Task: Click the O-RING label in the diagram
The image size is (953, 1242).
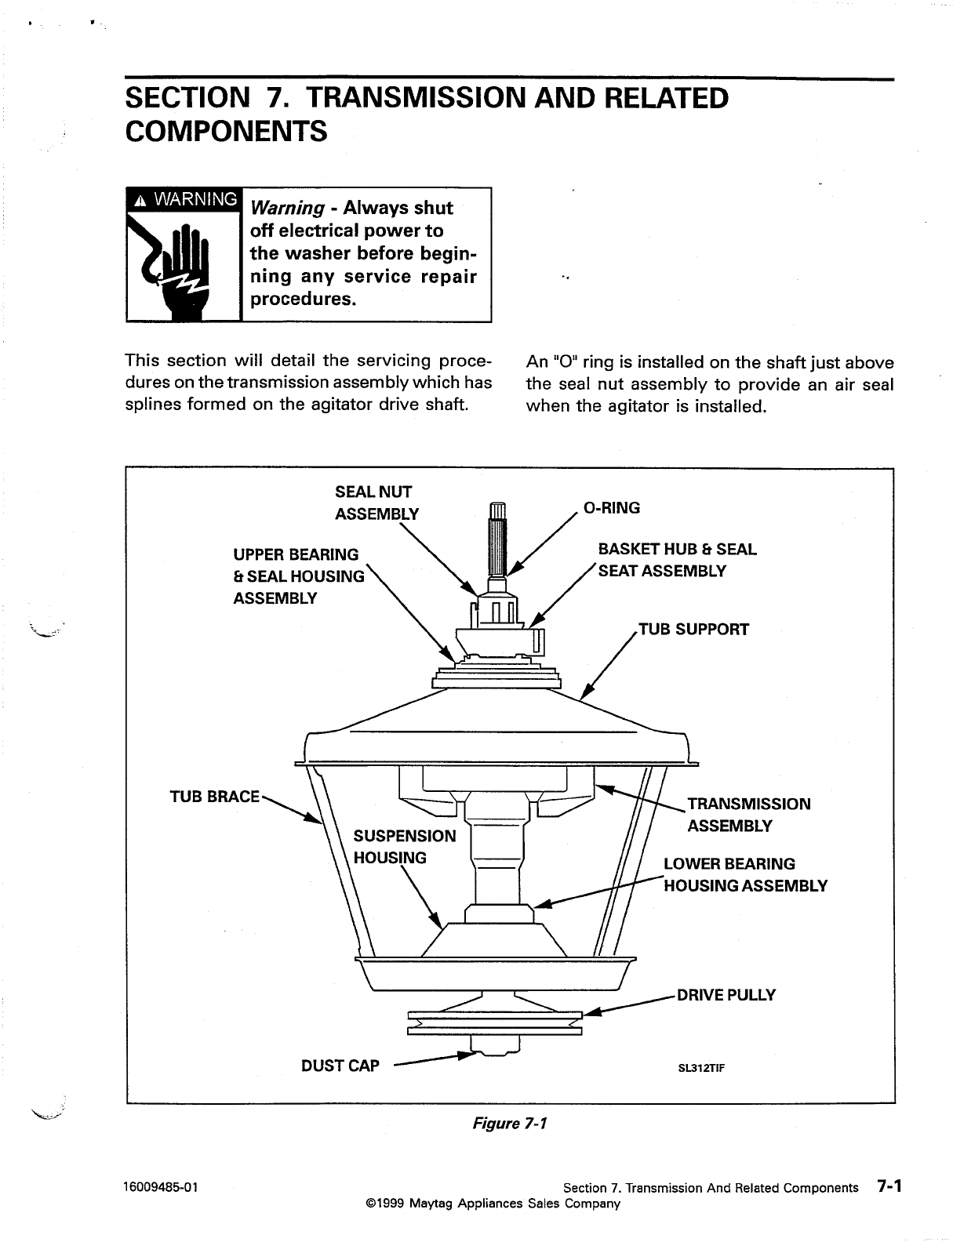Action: click(x=613, y=508)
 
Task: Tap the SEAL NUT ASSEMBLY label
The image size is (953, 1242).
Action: click(x=376, y=503)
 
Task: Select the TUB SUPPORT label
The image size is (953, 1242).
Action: click(x=694, y=629)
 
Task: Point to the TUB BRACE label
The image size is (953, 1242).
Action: click(x=214, y=797)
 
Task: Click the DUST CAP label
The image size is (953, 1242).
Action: click(x=340, y=1066)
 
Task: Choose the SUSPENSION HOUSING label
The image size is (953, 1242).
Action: click(x=404, y=846)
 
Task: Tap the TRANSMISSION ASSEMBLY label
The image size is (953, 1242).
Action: click(x=748, y=815)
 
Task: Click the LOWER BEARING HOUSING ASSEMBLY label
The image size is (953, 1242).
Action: click(x=744, y=874)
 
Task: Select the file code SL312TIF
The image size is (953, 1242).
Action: click(x=700, y=1067)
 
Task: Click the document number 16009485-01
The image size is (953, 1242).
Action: click(x=162, y=1187)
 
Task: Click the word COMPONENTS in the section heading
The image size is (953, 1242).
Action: click(x=226, y=131)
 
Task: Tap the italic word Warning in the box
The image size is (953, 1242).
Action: click(x=286, y=208)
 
